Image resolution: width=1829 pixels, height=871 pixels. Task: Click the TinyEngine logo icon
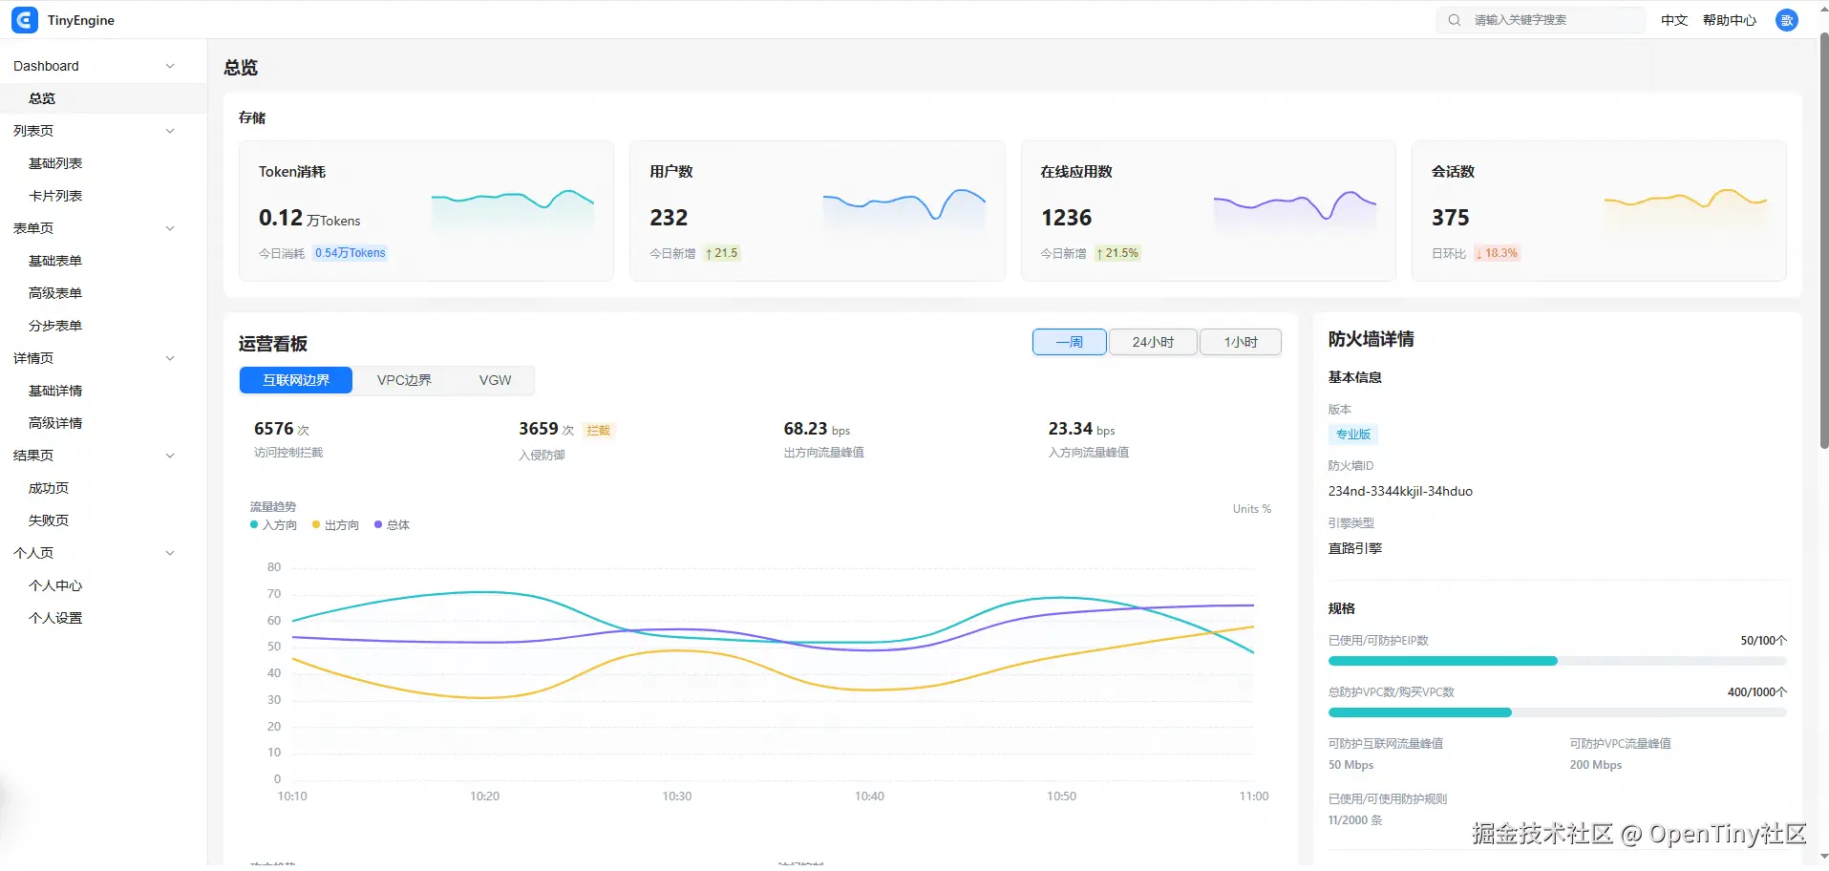click(x=25, y=20)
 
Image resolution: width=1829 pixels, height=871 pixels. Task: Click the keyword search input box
click(x=1541, y=20)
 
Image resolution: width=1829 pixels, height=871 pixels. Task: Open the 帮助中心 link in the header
click(x=1730, y=20)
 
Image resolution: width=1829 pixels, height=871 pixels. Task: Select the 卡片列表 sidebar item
click(x=55, y=196)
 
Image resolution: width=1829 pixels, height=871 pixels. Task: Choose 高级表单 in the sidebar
click(x=55, y=293)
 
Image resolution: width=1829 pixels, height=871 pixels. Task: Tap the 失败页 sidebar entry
click(x=49, y=520)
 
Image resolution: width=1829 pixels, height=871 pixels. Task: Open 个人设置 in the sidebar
click(x=55, y=618)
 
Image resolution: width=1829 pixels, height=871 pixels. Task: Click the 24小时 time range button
click(x=1153, y=342)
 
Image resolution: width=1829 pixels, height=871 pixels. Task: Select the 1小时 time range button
click(x=1241, y=342)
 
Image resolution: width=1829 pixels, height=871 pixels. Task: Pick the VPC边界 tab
click(x=404, y=380)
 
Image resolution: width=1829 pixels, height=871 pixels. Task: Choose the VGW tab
click(x=495, y=380)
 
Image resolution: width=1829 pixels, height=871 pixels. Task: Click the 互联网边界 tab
click(x=296, y=380)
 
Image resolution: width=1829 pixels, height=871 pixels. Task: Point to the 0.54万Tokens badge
click(x=351, y=253)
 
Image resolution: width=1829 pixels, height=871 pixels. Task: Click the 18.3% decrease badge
click(x=1497, y=253)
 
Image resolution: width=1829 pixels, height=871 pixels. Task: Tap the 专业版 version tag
click(x=1353, y=435)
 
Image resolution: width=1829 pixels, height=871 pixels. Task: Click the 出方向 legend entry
click(x=335, y=525)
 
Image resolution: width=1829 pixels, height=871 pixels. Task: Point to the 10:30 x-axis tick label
click(x=677, y=797)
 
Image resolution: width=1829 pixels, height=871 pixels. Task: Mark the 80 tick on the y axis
click(x=274, y=567)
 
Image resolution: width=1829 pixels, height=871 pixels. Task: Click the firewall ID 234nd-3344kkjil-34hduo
click(x=1400, y=491)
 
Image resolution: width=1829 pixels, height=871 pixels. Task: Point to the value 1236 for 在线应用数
click(x=1066, y=218)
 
